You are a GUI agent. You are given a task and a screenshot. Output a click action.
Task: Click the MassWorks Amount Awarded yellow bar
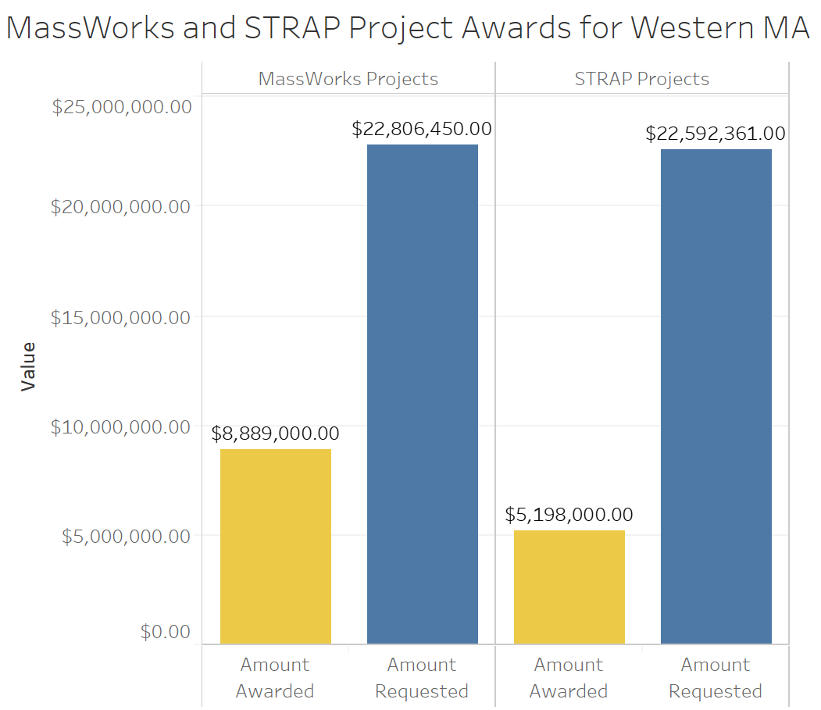pos(275,546)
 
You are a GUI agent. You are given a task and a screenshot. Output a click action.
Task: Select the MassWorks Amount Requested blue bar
pos(422,394)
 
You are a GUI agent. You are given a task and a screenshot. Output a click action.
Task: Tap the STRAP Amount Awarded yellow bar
pos(569,587)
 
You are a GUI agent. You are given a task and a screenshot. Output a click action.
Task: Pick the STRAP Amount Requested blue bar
pos(716,396)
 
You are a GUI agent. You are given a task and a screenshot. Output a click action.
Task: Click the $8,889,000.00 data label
pos(275,433)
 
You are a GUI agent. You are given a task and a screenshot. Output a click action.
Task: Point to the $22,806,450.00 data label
pos(422,129)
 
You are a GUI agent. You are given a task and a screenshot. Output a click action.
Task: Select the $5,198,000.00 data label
pos(569,515)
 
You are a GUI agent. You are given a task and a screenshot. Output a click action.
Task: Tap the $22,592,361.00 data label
pos(716,134)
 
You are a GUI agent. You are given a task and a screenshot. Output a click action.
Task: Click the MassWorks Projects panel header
pos(348,79)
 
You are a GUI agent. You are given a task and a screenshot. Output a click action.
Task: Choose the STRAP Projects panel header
pos(642,79)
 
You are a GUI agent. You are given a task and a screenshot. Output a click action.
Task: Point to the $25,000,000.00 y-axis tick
pos(122,106)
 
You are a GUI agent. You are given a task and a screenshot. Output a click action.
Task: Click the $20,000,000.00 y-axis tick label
pos(122,207)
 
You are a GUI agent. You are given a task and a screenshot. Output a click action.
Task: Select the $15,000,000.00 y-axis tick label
pos(122,317)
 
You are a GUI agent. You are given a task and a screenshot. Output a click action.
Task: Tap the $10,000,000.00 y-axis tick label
pos(122,427)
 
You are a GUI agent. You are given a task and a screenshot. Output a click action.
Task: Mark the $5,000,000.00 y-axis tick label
pos(127,537)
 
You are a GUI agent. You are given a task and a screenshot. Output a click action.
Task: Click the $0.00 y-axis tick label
pos(166,631)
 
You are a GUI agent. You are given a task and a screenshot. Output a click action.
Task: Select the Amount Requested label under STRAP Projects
pos(716,678)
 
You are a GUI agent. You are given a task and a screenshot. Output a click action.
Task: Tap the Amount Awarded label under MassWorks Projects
pos(275,678)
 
